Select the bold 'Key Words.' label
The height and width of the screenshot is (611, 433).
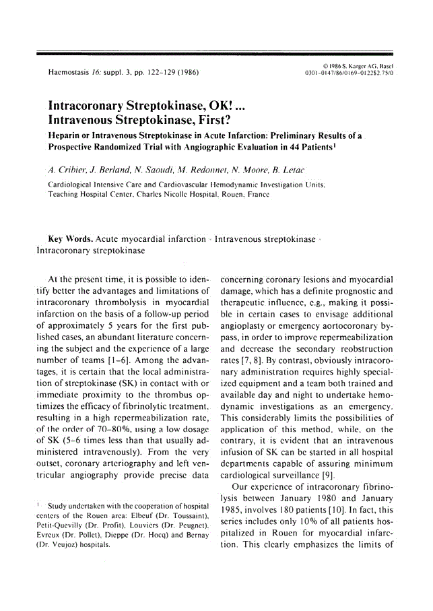[70, 239]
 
